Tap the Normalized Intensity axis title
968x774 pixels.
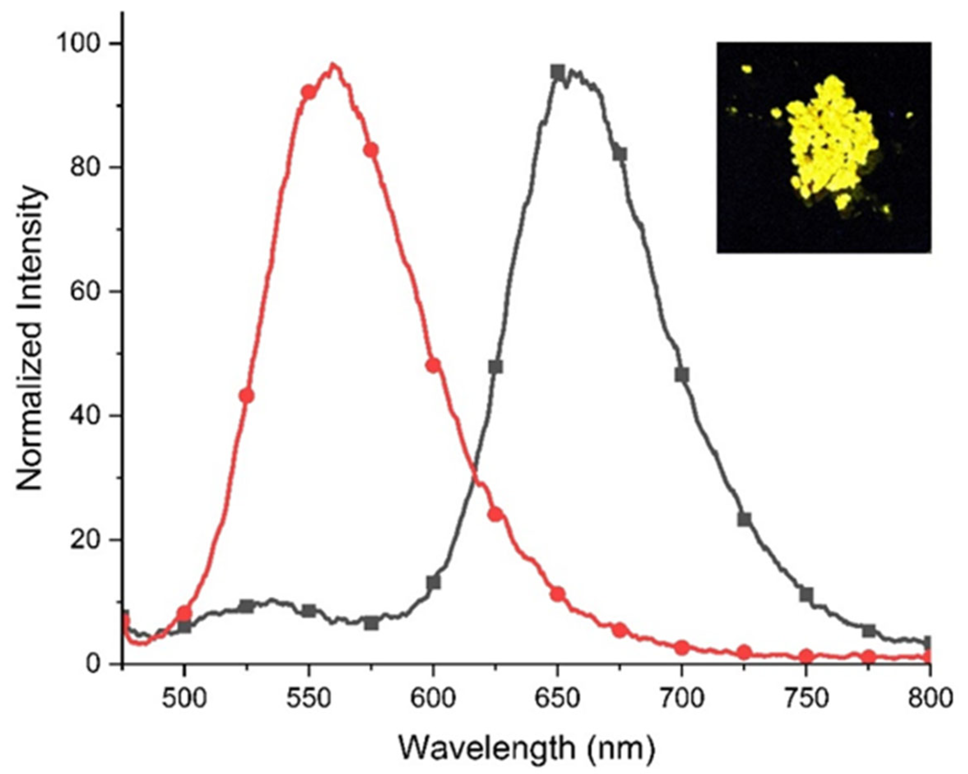[30, 339]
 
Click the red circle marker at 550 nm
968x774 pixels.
[308, 92]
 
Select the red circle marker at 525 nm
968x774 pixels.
[246, 396]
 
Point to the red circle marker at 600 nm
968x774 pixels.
[433, 366]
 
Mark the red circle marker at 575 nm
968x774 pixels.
[371, 151]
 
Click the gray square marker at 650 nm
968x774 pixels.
[558, 72]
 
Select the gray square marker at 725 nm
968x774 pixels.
[744, 519]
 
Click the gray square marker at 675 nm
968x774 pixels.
[620, 154]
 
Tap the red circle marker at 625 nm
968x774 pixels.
[495, 514]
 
